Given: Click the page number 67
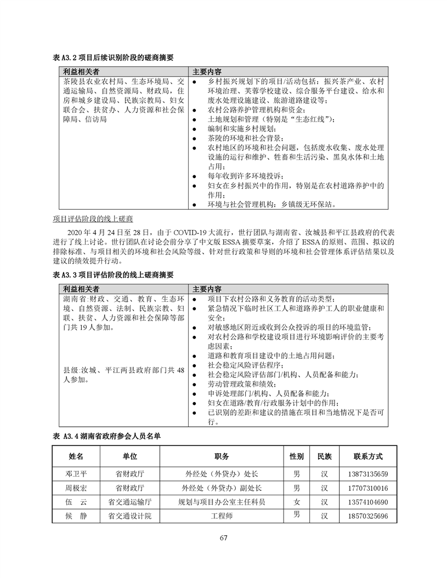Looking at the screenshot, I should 223,537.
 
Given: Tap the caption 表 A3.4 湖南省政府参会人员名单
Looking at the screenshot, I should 106,436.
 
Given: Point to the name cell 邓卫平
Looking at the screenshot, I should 77,474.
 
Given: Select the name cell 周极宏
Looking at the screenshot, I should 77,488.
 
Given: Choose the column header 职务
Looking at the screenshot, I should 222,456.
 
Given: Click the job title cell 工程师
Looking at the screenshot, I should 222,516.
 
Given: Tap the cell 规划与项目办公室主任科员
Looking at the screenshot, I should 222,502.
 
